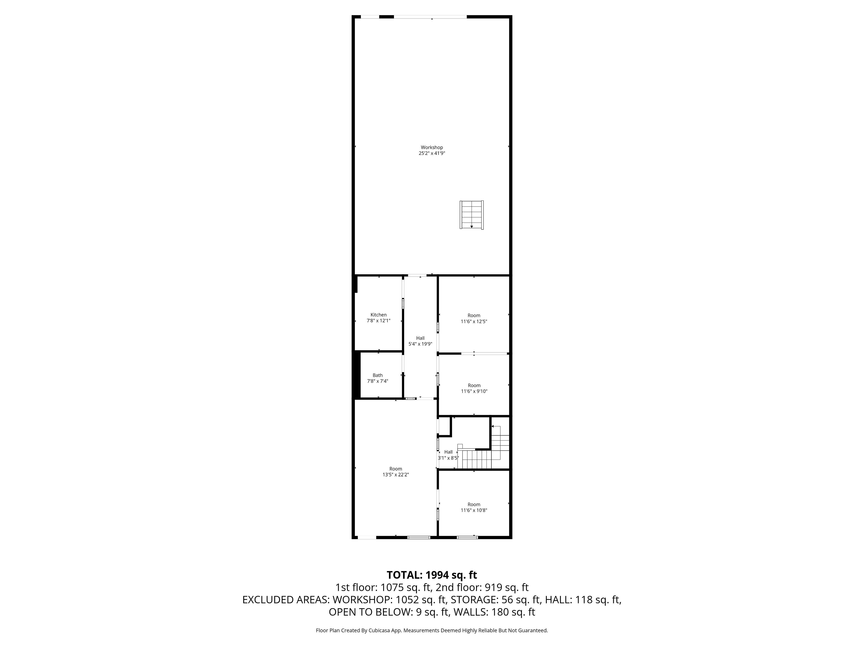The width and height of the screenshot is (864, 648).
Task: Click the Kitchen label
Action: pos(378,315)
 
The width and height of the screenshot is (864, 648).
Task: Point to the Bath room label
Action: pos(378,375)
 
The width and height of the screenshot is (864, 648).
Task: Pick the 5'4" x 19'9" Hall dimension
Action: pos(420,344)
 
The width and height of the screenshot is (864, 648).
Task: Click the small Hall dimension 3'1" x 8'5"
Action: pos(448,458)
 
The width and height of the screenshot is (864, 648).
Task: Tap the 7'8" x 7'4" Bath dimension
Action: pos(378,381)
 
